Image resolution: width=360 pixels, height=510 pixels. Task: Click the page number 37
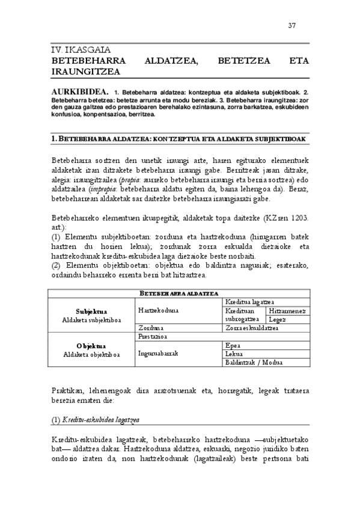tap(292, 25)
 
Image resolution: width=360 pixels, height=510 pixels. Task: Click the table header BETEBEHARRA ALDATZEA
tap(179, 293)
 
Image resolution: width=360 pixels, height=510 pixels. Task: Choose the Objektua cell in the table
tap(92, 346)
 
